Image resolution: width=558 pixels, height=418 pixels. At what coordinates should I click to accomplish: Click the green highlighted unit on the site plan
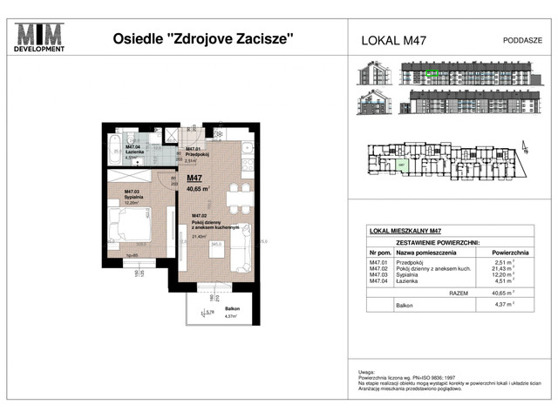[x=402, y=163]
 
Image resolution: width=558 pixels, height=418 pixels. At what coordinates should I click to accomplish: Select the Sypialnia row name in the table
[x=413, y=274]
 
